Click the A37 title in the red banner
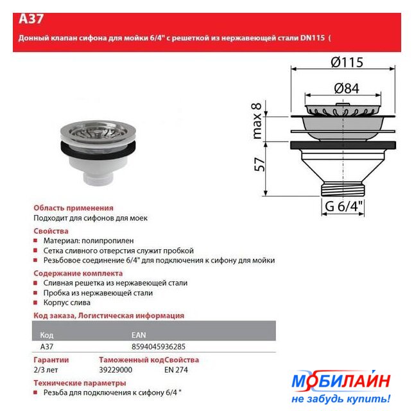click(31, 19)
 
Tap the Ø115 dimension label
click(347, 62)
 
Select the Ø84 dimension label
click(347, 89)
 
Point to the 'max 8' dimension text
click(257, 121)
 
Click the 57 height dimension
click(259, 164)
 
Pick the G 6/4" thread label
click(344, 206)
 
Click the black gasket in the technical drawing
click(343, 146)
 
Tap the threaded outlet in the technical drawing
click(343, 189)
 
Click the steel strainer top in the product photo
click(98, 130)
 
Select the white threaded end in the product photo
click(98, 179)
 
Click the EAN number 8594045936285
click(159, 347)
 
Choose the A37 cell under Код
click(47, 347)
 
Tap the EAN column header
click(139, 335)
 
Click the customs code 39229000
click(116, 370)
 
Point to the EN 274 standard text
click(176, 370)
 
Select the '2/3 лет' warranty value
click(46, 370)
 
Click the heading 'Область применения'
click(73, 208)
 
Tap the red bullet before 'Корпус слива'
click(35, 302)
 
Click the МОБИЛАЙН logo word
click(341, 381)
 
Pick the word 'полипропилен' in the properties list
click(108, 241)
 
